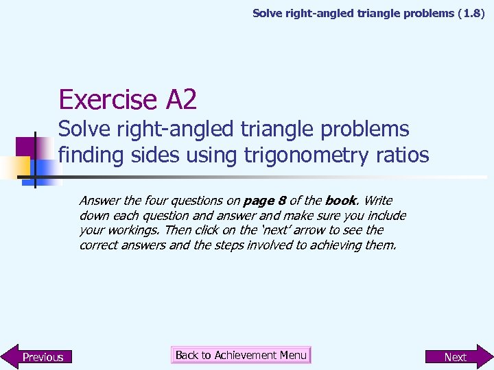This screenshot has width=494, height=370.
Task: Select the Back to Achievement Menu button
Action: (x=241, y=355)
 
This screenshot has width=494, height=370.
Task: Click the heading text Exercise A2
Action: (x=128, y=100)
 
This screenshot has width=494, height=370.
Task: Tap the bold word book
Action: (x=341, y=201)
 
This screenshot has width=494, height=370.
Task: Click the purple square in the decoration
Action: (x=26, y=147)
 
